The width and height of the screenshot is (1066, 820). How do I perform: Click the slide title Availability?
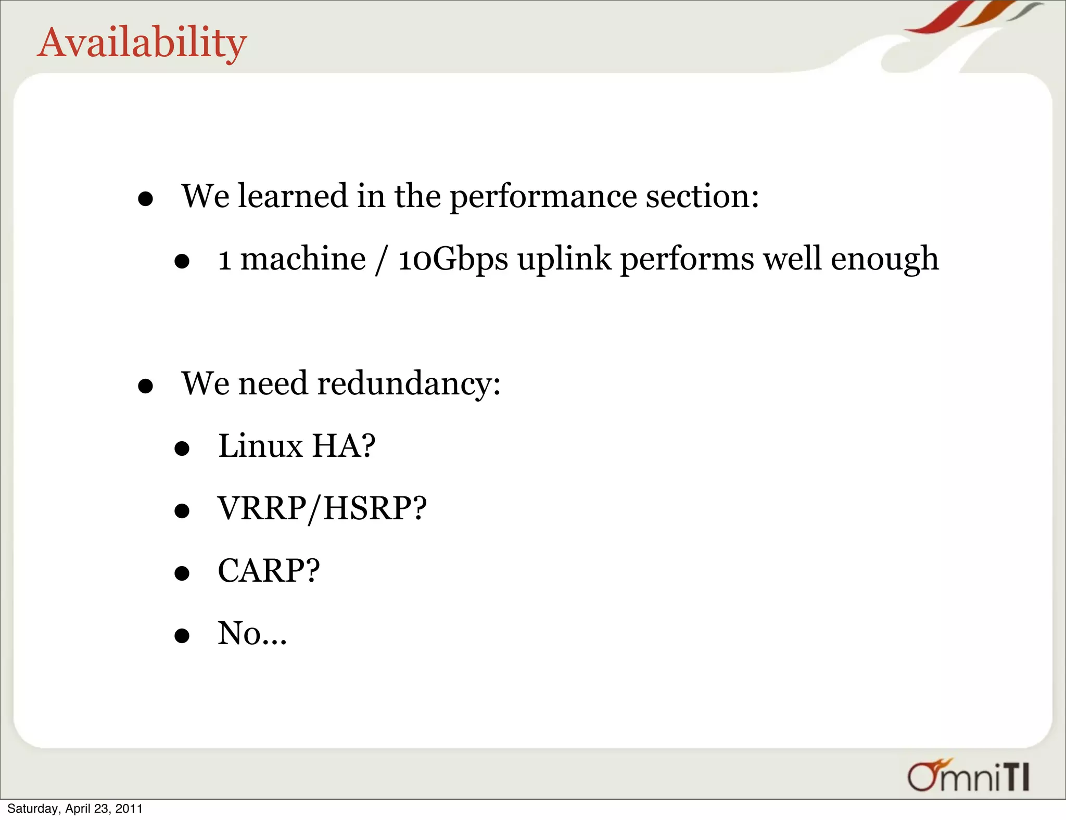click(x=142, y=43)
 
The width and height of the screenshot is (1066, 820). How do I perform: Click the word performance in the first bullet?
click(x=543, y=197)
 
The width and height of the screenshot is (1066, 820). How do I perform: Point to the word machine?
click(x=303, y=259)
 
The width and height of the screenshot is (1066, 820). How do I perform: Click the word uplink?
click(x=564, y=259)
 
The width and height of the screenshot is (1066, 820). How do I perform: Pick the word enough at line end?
click(x=884, y=259)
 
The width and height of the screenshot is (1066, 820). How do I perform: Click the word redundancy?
click(x=409, y=384)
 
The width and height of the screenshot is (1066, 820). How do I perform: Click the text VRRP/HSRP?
click(x=322, y=508)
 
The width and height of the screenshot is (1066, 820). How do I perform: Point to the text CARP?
click(x=269, y=571)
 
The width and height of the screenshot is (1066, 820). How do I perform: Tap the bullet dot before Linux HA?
click(x=182, y=449)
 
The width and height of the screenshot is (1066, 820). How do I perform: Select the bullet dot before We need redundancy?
click(x=145, y=386)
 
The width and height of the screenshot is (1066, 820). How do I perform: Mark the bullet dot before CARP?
click(x=182, y=573)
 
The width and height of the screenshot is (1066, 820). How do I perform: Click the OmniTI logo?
click(x=969, y=776)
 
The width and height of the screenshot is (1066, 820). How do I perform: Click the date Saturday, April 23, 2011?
click(x=75, y=809)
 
